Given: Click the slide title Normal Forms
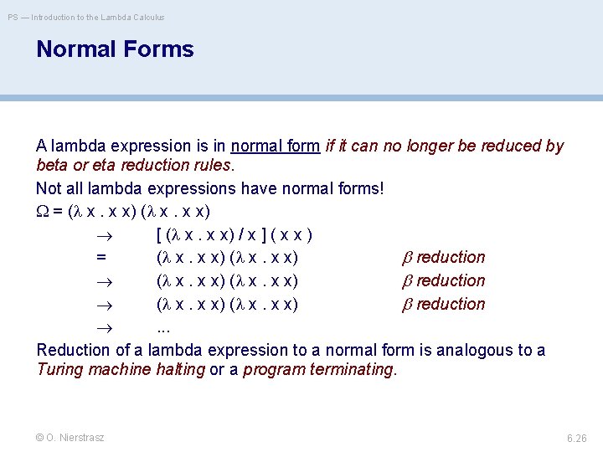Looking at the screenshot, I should click(x=115, y=49).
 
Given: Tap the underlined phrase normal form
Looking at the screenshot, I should click(x=276, y=146).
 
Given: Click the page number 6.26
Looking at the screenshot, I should click(x=577, y=438).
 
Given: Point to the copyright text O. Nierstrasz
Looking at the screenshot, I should click(x=70, y=438).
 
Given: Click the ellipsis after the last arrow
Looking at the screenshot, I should click(x=163, y=328).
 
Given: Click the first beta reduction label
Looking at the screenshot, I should click(x=444, y=258).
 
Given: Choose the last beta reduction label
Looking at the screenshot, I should click(x=444, y=305).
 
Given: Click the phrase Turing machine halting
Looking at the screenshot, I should click(x=121, y=369).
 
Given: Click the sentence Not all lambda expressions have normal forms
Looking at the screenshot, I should click(x=209, y=187).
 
